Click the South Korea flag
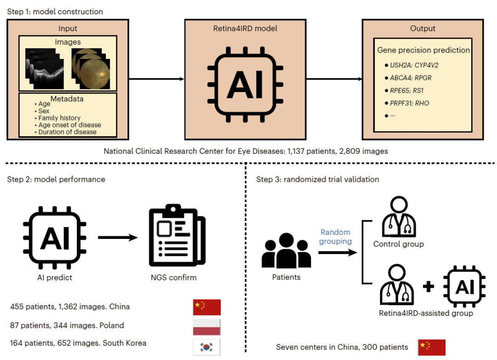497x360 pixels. tap(207, 347)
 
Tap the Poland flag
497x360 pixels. tap(207, 327)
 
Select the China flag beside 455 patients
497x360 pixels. tap(207, 307)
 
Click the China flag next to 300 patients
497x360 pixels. tap(431, 347)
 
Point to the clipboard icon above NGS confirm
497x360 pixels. tap(177, 235)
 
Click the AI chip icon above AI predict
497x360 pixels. tap(55, 238)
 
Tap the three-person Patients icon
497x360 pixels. tap(286, 250)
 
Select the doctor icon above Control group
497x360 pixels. tap(399, 216)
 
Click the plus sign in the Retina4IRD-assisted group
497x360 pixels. tap(428, 287)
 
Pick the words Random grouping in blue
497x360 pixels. tap(335, 237)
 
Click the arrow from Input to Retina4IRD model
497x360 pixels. tap(156, 79)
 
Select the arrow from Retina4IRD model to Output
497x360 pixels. tap(334, 79)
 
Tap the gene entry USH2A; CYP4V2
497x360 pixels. tap(414, 65)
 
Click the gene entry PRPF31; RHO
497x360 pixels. tap(409, 104)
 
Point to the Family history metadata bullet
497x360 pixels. tap(59, 118)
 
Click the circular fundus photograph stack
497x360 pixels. tap(91, 69)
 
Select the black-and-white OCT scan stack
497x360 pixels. tap(44, 69)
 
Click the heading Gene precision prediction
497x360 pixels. tap(423, 50)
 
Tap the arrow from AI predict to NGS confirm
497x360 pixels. tap(118, 238)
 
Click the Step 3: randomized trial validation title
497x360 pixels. tap(318, 180)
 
